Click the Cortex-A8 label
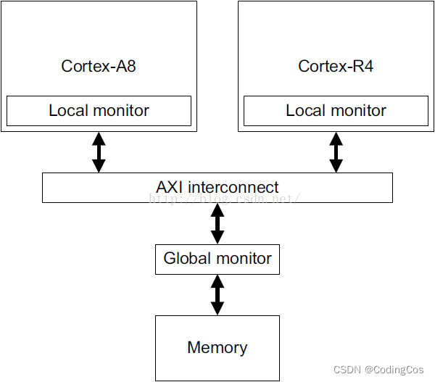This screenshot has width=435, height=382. point(99,67)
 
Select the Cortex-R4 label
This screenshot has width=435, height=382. point(336,67)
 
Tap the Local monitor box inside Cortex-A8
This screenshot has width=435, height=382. point(99,111)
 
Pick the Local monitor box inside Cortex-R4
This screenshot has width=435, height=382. point(336,111)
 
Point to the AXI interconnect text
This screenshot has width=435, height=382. point(217,186)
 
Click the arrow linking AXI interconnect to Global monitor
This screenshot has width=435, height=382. point(217,223)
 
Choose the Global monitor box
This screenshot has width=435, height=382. point(217,259)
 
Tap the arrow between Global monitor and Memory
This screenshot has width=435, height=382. point(217,294)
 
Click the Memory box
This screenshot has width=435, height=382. point(217,347)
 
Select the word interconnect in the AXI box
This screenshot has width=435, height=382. point(233,186)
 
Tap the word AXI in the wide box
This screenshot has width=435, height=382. point(170,186)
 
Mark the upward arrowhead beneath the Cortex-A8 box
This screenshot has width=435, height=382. point(99,138)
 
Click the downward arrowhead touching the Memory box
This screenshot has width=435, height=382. point(217,309)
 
